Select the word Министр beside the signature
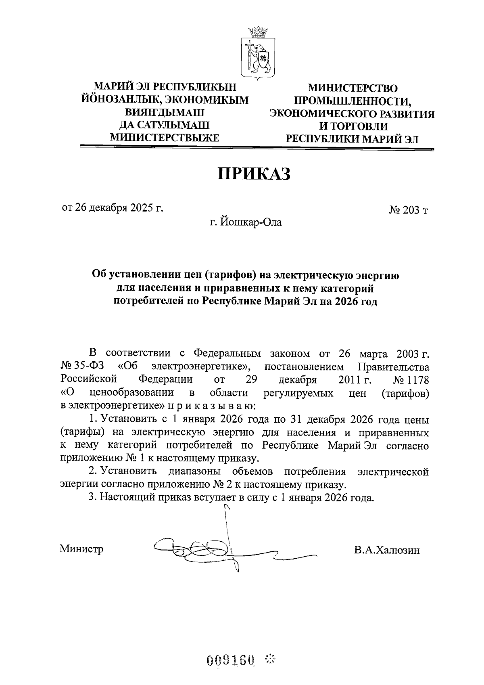point(81,549)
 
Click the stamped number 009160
point(231,660)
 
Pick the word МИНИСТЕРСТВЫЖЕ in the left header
point(165,138)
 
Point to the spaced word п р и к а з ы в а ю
point(215,405)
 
